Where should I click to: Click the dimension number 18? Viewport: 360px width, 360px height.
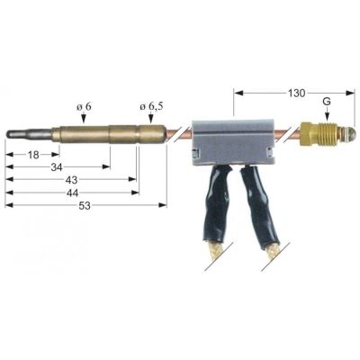[31, 155]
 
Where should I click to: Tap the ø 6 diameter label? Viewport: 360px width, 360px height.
[84, 108]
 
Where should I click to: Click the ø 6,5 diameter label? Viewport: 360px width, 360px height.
[150, 108]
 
